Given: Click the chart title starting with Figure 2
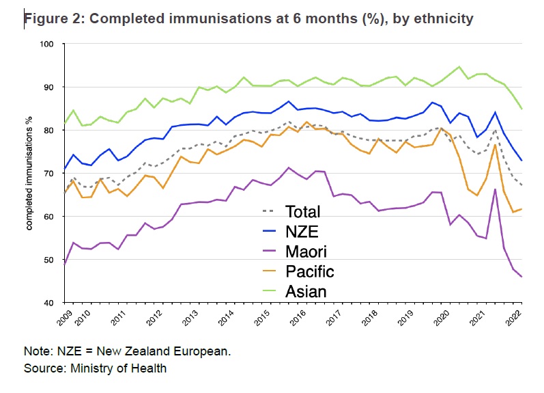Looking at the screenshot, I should tap(249, 18).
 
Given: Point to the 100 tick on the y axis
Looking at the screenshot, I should tap(52, 44).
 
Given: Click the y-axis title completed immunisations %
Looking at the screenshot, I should tap(30, 173).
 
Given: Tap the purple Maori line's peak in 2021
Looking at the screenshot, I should tap(494, 189).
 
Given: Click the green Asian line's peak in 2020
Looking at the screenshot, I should tap(459, 67).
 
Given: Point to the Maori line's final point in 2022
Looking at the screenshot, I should tap(522, 277).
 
